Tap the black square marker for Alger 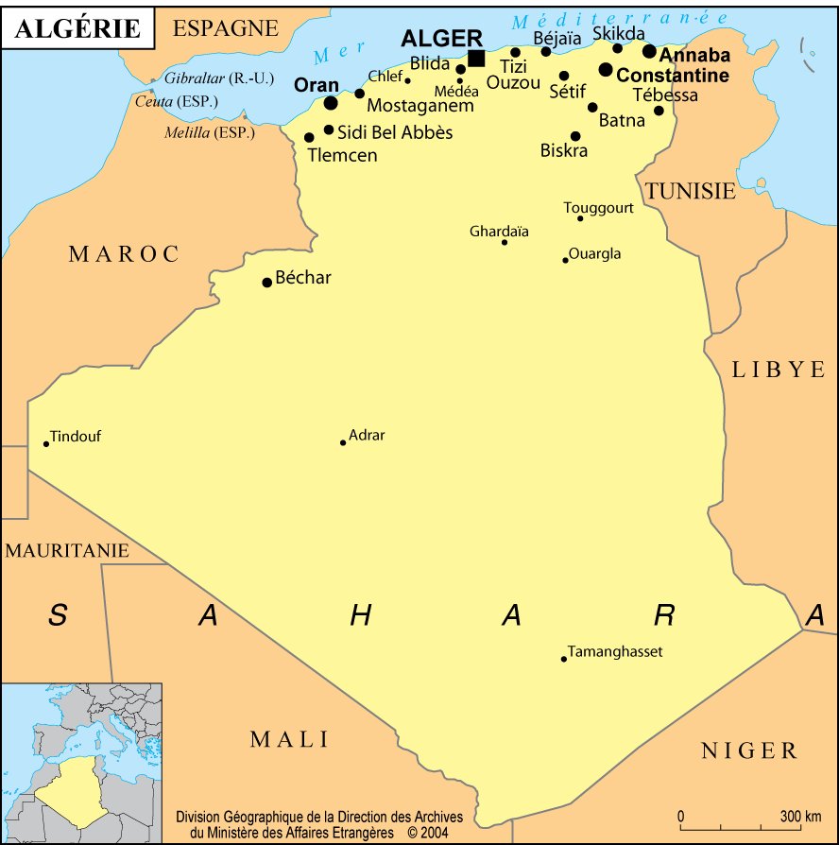[476, 59]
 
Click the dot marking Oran [331, 102]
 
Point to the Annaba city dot [649, 51]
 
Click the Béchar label [303, 279]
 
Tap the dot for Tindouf [45, 443]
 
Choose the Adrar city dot [343, 442]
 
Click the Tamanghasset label [615, 652]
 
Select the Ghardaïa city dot [505, 242]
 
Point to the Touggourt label [598, 208]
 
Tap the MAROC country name [124, 253]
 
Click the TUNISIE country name [690, 191]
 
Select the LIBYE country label [779, 370]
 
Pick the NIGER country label [749, 751]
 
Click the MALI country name [289, 739]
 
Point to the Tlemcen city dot [309, 137]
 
